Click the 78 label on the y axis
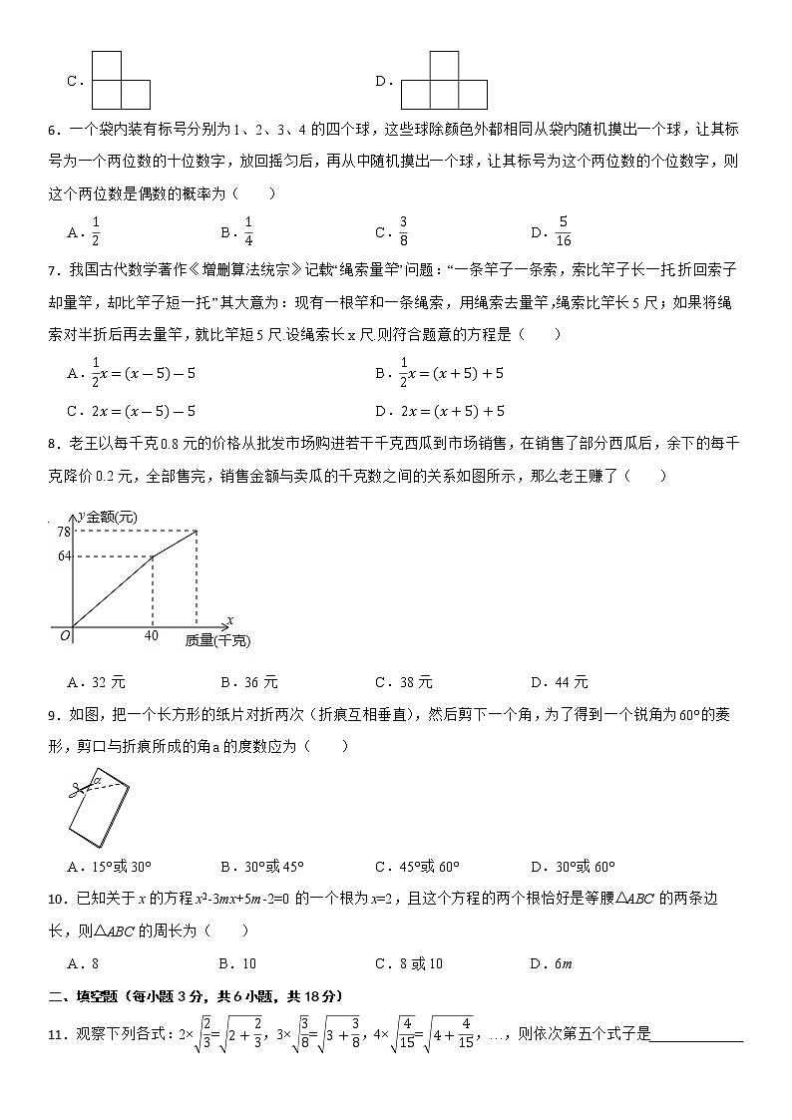[63, 531]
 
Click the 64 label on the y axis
[63, 556]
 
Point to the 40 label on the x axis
[152, 635]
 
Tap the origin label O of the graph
[64, 635]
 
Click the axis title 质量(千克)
[216, 640]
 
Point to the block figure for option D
[444, 82]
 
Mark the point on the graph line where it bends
[152, 556]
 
